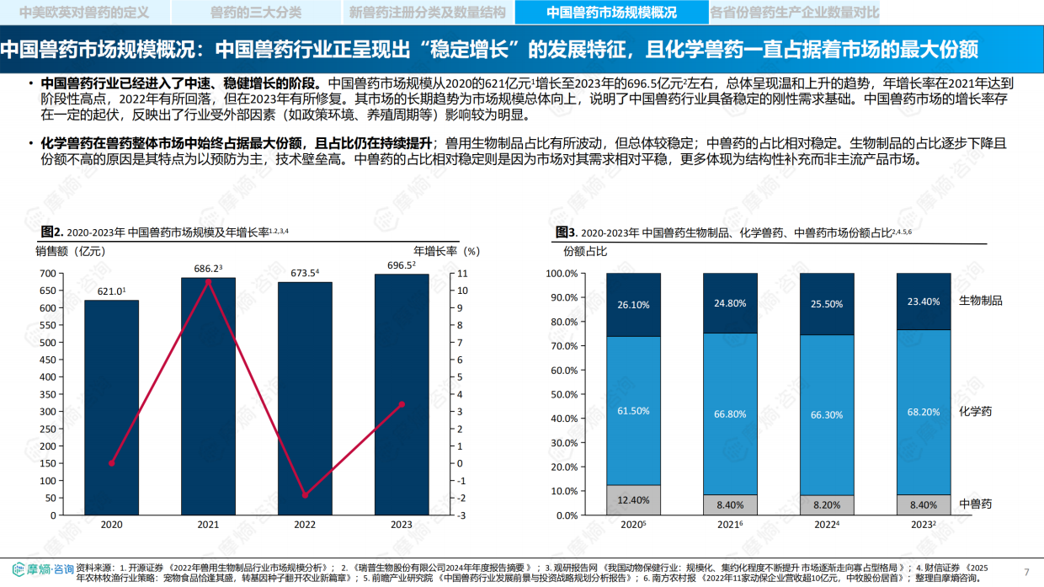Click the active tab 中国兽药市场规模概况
(611, 12)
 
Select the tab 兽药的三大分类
(256, 12)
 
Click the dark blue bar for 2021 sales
(209, 396)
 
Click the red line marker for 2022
(305, 495)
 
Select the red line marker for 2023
(402, 404)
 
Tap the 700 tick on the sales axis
(47, 274)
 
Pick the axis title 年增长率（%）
(446, 250)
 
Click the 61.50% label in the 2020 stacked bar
(633, 411)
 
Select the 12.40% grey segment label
(633, 500)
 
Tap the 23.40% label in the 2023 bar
(924, 302)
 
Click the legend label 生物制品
(981, 301)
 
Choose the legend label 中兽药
(975, 504)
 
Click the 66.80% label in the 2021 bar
(730, 414)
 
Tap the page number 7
(1026, 573)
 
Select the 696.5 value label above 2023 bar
(401, 264)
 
